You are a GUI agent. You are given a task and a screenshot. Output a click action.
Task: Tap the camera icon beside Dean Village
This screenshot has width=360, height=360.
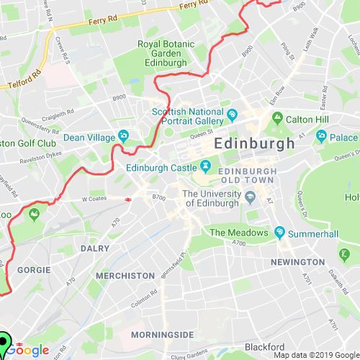pos(123,135)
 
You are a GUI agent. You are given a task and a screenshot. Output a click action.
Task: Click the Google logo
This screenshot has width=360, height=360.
pos(30,350)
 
